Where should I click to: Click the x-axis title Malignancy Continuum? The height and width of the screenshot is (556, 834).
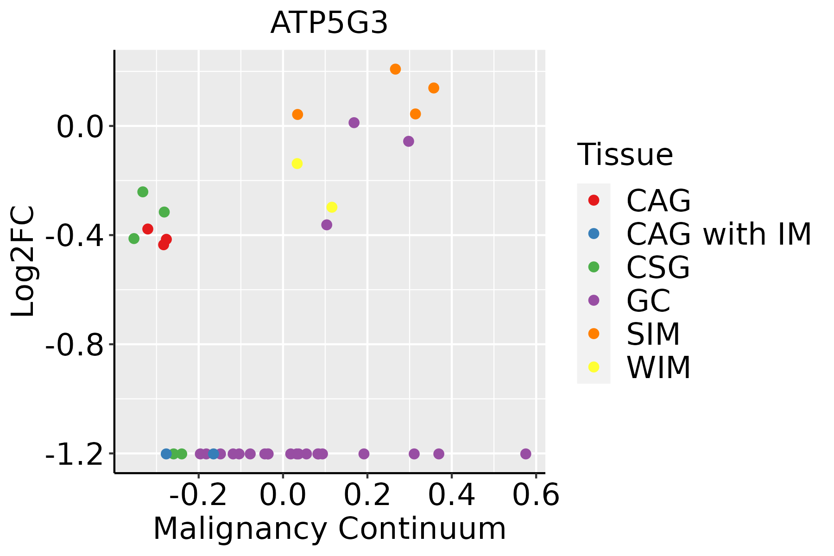[x=329, y=529]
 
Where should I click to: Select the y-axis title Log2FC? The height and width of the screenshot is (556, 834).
[x=23, y=262]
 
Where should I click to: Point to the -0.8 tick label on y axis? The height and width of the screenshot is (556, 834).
[x=74, y=345]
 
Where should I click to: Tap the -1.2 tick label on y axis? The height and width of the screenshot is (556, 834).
[x=74, y=454]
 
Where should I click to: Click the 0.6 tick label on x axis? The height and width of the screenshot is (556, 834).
[x=536, y=495]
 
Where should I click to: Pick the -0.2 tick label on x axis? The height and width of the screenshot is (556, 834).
[x=198, y=495]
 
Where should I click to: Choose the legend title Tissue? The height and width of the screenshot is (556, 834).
[x=625, y=155]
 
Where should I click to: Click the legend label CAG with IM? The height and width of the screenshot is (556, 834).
[x=718, y=234]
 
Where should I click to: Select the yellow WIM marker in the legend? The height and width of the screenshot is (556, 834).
[x=594, y=367]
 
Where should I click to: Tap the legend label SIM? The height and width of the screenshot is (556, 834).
[x=653, y=334]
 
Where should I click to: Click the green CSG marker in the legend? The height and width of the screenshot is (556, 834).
[x=594, y=267]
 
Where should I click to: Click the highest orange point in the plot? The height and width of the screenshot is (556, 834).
[x=395, y=69]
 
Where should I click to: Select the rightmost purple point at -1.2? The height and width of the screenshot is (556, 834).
[x=525, y=454]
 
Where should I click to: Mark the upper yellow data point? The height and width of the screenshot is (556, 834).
[x=297, y=164]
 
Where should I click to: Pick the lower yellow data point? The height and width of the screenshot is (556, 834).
[x=332, y=207]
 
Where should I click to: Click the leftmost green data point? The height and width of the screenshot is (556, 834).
[x=134, y=239]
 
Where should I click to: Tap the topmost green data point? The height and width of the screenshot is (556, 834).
[x=143, y=192]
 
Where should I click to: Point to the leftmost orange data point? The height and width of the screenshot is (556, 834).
[x=297, y=114]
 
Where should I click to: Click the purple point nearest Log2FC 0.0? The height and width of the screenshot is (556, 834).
[x=354, y=123]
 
